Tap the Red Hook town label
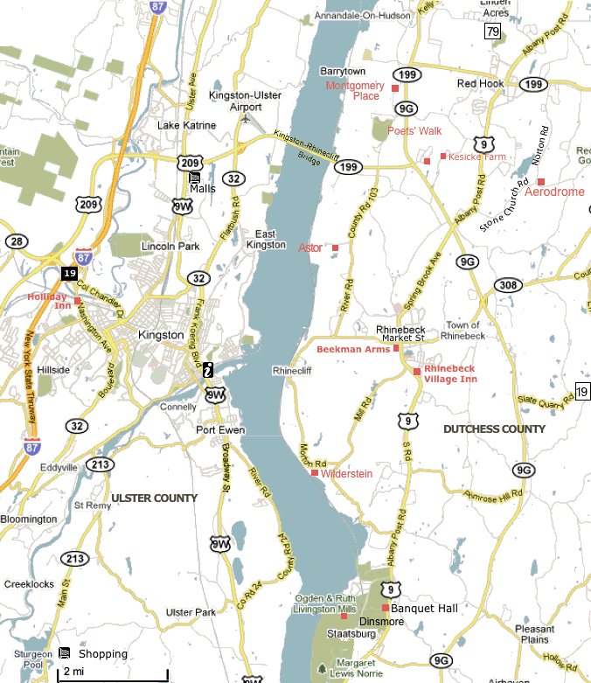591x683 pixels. click(x=480, y=84)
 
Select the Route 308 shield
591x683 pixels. click(x=507, y=286)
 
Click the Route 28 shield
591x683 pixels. click(x=16, y=241)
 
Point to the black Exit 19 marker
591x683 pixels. click(x=69, y=273)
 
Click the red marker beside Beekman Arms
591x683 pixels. click(x=396, y=348)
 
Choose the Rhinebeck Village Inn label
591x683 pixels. click(x=450, y=373)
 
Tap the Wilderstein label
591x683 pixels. click(x=346, y=474)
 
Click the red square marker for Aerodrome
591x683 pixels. click(x=541, y=181)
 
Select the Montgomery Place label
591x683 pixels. click(x=354, y=91)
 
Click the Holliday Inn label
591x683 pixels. click(x=49, y=301)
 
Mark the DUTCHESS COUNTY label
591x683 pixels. click(x=494, y=429)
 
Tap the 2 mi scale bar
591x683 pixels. click(x=113, y=674)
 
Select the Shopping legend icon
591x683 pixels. click(x=64, y=652)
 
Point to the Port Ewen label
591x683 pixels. click(x=220, y=430)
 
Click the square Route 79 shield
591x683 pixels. click(x=494, y=31)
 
